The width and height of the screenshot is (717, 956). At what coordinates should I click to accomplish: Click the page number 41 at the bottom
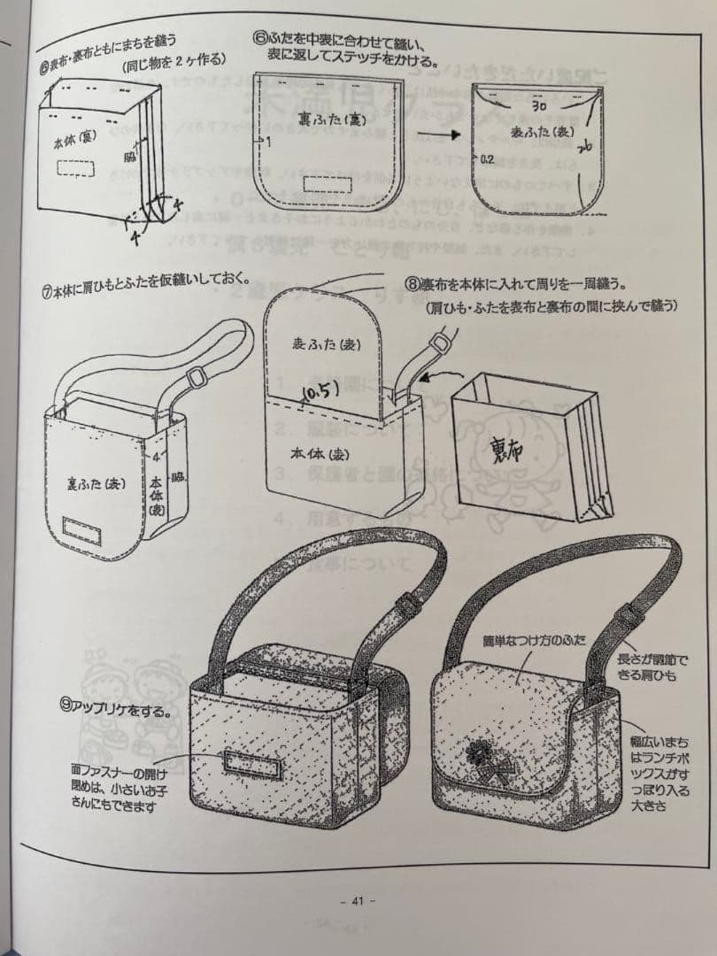[x=358, y=901]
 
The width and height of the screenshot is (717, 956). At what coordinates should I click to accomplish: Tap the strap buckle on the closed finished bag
[x=629, y=614]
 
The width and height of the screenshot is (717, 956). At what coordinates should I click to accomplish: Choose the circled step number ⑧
[x=412, y=285]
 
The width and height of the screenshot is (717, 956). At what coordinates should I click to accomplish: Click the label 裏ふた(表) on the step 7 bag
[x=97, y=484]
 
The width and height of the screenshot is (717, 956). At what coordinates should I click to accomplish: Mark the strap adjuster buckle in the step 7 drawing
[x=197, y=377]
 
